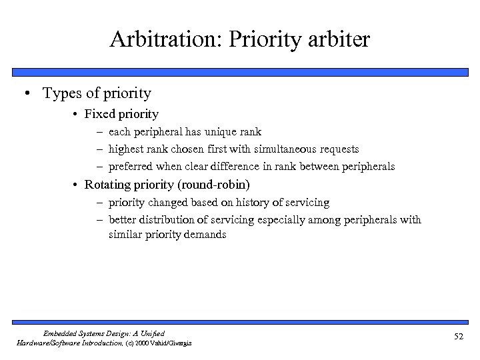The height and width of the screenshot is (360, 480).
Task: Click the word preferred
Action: (x=132, y=166)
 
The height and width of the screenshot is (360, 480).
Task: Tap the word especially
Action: (x=289, y=219)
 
